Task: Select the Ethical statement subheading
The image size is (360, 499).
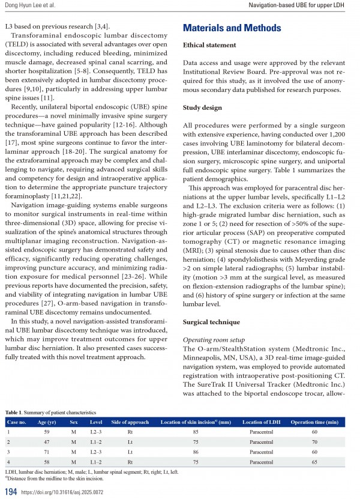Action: (x=209, y=46)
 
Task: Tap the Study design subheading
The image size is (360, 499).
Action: (x=203, y=108)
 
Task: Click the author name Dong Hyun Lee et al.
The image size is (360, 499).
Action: (x=30, y=5)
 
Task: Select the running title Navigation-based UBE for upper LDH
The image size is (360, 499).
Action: (x=304, y=5)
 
